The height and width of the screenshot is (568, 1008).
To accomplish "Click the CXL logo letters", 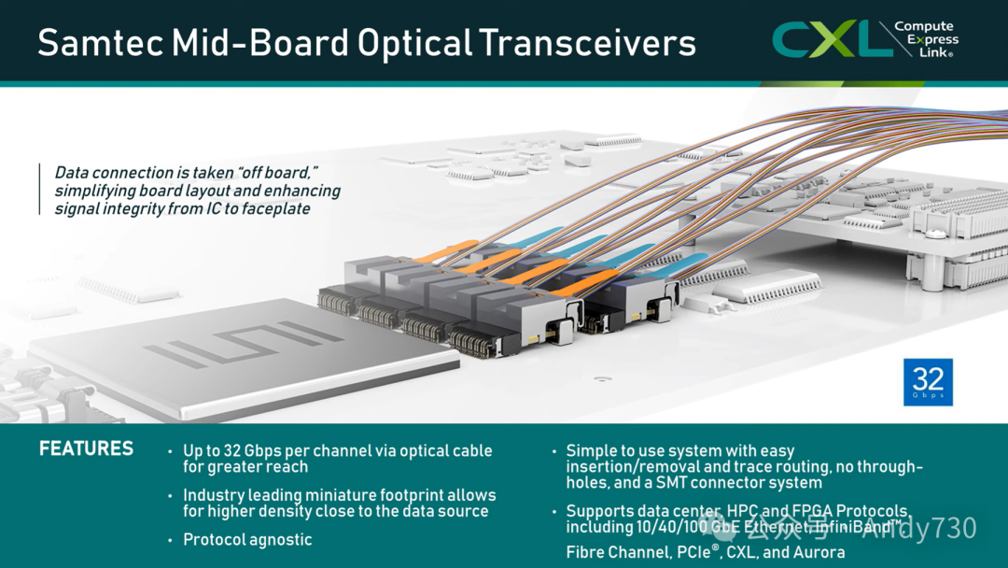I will (826, 39).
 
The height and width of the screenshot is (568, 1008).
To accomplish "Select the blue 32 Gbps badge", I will (928, 381).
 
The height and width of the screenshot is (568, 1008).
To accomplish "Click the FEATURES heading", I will (86, 449).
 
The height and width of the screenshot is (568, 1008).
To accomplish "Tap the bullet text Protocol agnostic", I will (247, 540).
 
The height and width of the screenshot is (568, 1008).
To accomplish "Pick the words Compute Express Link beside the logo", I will (926, 39).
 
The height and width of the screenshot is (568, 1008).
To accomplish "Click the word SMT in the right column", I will (665, 483).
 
